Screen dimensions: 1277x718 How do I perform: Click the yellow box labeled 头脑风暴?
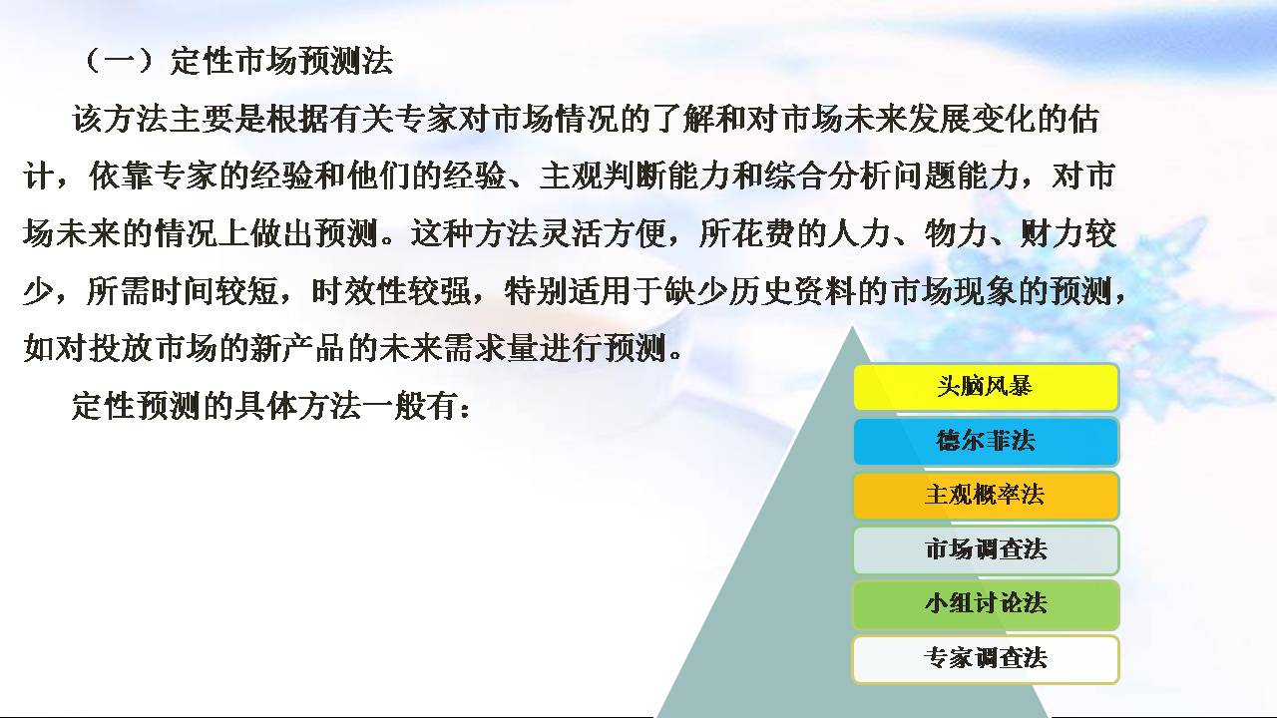coord(986,387)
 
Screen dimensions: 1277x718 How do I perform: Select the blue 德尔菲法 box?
coord(986,442)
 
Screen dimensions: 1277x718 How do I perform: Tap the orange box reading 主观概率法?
coord(986,496)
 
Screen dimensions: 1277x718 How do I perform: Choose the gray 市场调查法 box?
coord(986,550)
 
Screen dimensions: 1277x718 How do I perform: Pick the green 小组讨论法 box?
coord(986,604)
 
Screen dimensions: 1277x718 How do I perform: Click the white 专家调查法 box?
coord(986,659)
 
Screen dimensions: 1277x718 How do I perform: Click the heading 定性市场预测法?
coord(281,61)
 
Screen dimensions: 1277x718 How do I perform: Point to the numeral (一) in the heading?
coord(119,61)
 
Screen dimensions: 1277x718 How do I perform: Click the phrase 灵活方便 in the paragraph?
coord(602,233)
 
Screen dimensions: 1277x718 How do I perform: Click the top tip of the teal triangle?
coord(853,325)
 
